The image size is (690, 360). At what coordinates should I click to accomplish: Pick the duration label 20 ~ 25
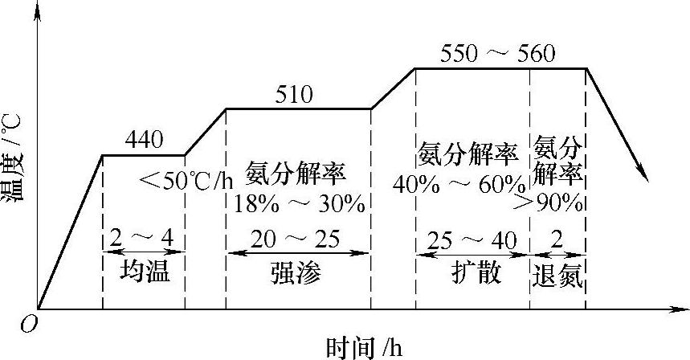pos(295,239)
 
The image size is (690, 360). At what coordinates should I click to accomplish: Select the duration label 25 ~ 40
pos(472,239)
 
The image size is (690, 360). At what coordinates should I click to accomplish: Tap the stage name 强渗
pos(295,273)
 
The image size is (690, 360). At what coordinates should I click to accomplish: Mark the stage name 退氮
pos(557,274)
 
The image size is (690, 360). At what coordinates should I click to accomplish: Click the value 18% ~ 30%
pos(299,202)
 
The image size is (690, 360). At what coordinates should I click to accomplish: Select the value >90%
pos(557,202)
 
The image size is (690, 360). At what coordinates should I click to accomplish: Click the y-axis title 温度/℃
pos(14,157)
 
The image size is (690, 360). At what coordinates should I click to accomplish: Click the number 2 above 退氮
pos(557,239)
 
